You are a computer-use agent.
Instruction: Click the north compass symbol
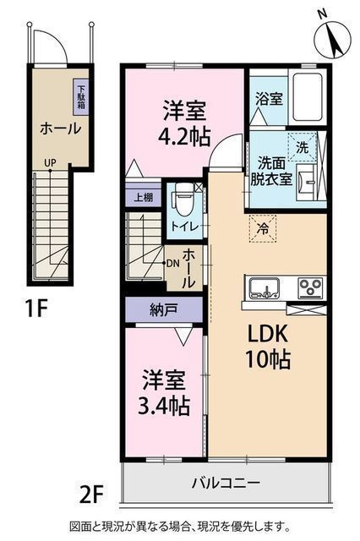(x=333, y=38)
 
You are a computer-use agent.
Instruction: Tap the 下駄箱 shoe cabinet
(x=80, y=97)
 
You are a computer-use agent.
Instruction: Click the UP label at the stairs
(x=50, y=163)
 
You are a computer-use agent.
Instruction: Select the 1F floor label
(x=35, y=308)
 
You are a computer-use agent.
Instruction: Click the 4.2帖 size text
(x=183, y=136)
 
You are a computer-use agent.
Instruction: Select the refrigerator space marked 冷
(x=263, y=227)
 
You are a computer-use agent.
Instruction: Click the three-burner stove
(x=311, y=287)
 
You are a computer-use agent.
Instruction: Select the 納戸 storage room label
(x=163, y=310)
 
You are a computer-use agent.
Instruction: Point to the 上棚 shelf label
(x=144, y=197)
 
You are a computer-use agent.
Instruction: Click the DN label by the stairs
(x=172, y=263)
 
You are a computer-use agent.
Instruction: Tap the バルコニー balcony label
(x=226, y=483)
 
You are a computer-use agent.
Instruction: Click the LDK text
(x=266, y=334)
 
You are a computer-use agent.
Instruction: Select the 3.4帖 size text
(x=163, y=406)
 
